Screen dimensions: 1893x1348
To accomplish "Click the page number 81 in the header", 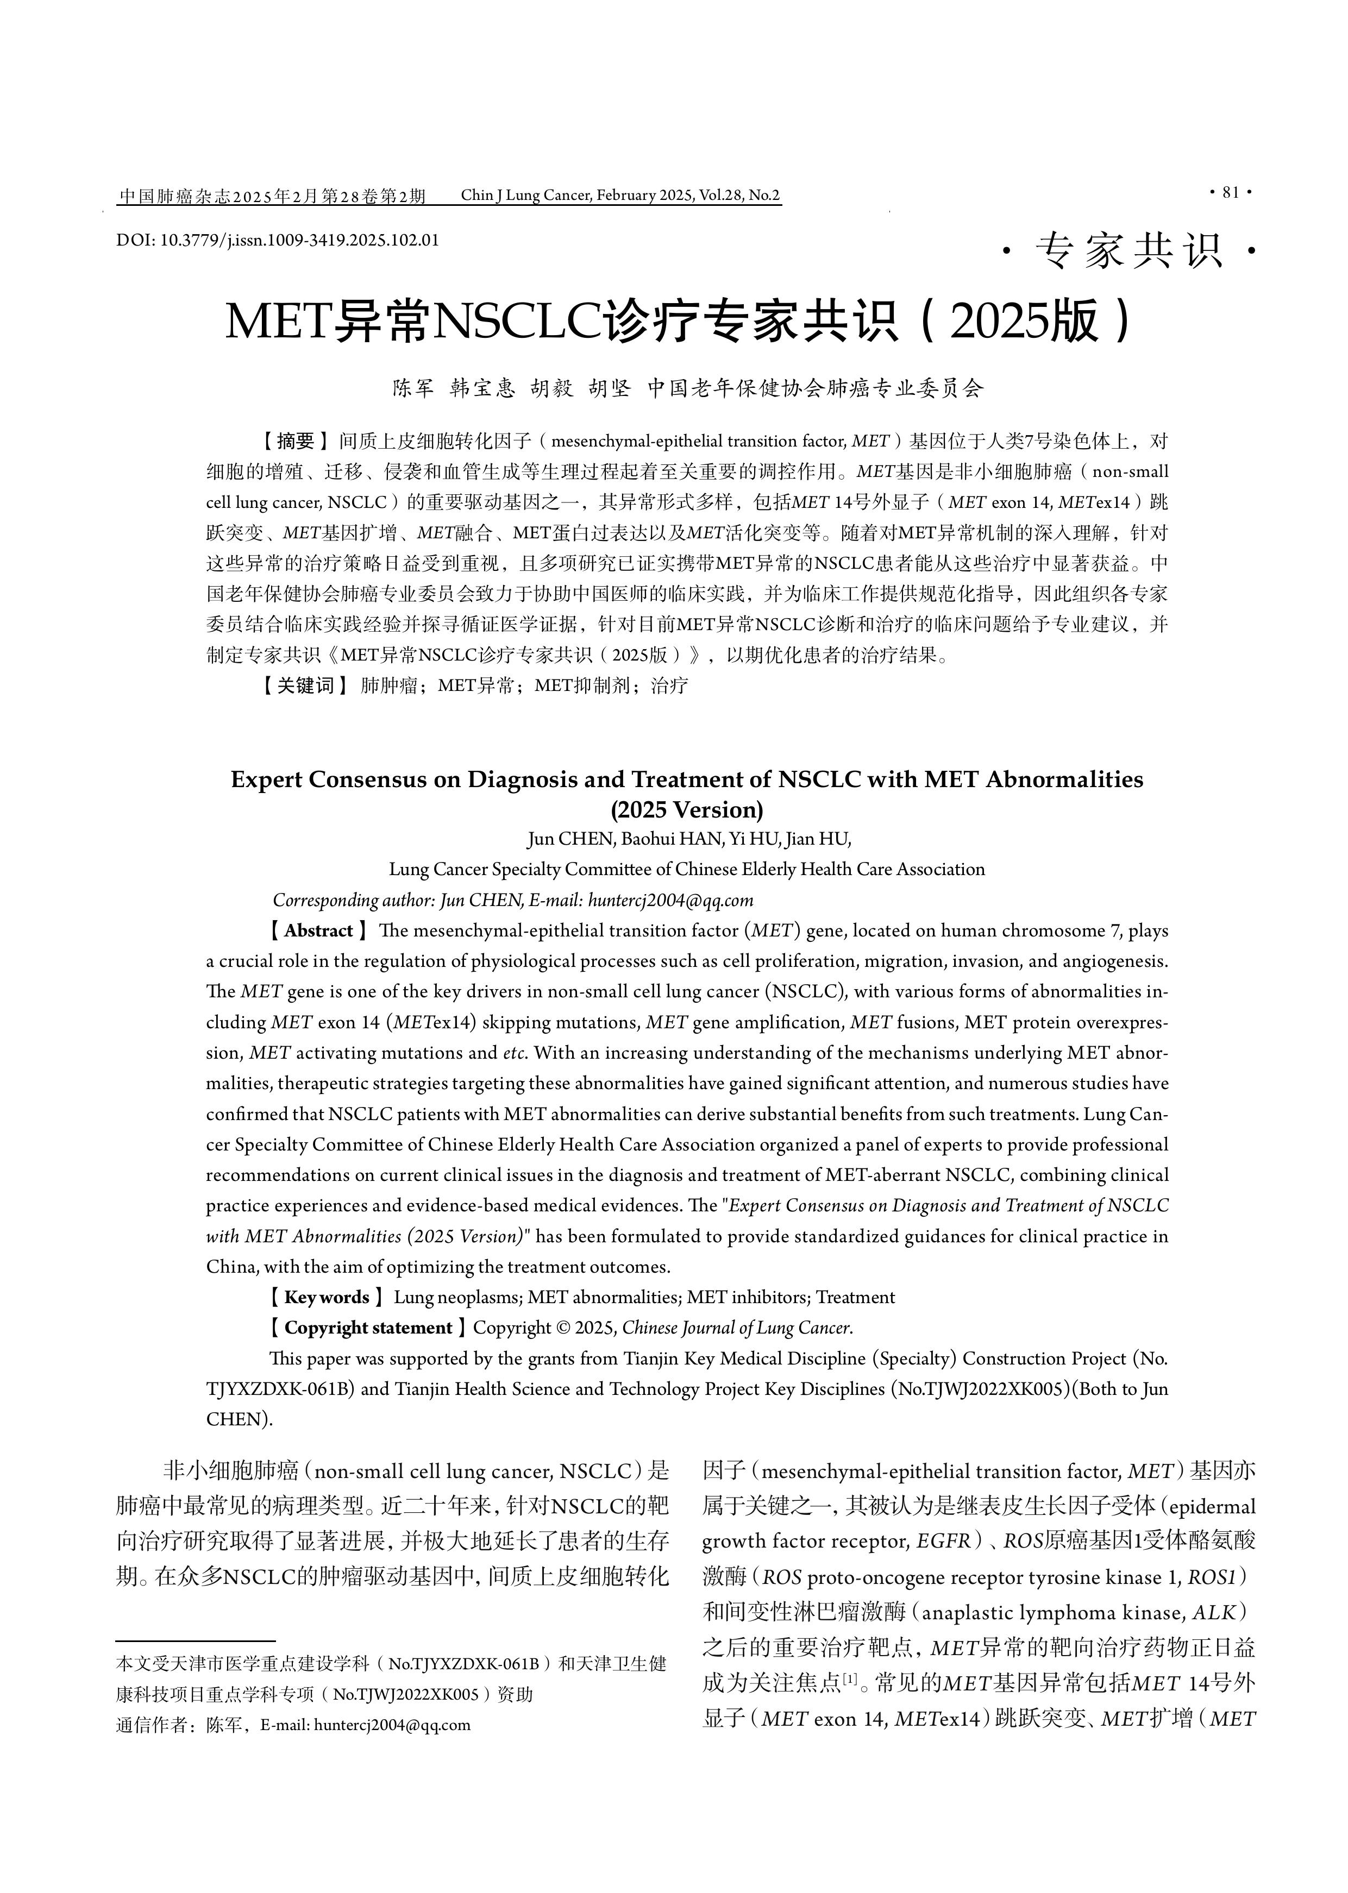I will (1230, 192).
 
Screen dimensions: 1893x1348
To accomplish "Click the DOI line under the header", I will (277, 241).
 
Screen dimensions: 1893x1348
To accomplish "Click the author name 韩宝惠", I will (482, 388).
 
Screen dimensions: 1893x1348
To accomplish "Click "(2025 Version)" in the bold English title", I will (686, 809).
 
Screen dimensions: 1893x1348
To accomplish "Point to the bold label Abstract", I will (319, 931).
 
